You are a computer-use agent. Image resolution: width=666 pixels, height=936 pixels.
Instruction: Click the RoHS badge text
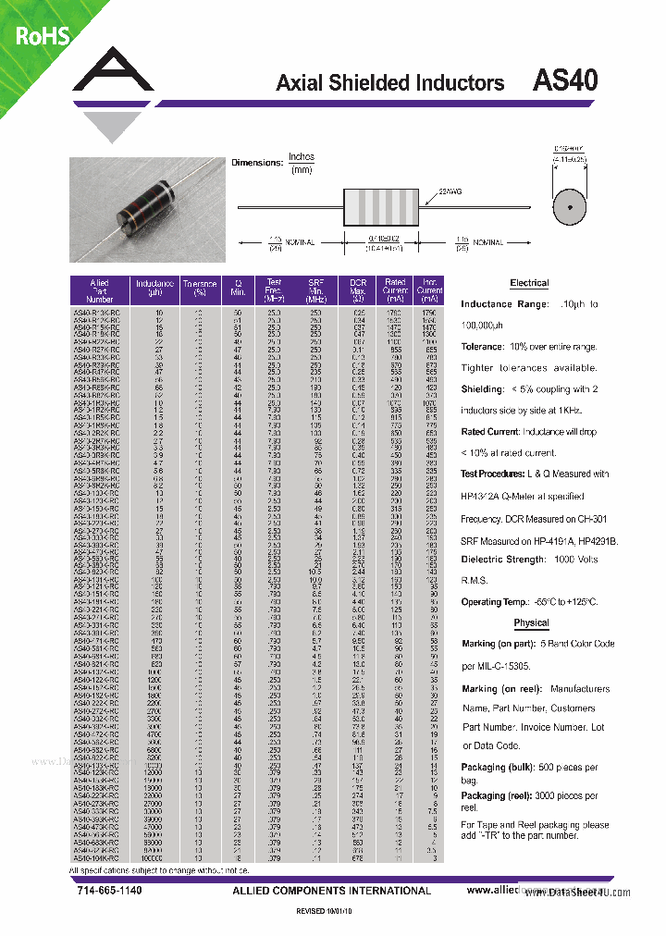pyautogui.click(x=43, y=36)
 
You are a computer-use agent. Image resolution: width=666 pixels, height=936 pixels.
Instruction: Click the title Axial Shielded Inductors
pyautogui.click(x=389, y=83)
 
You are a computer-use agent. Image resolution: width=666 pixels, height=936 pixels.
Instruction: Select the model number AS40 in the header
pyautogui.click(x=565, y=80)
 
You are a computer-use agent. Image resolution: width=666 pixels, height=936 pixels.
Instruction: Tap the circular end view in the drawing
pyautogui.click(x=570, y=206)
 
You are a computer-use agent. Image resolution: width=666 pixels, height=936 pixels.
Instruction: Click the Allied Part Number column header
pyautogui.click(x=99, y=290)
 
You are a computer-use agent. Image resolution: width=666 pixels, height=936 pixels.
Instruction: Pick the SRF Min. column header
pyautogui.click(x=316, y=290)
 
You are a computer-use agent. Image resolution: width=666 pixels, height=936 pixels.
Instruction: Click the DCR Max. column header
pyautogui.click(x=358, y=290)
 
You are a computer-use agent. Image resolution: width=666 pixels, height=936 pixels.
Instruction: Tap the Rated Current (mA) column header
pyautogui.click(x=395, y=290)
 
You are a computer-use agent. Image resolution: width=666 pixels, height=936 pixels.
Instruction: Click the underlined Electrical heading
pyautogui.click(x=529, y=283)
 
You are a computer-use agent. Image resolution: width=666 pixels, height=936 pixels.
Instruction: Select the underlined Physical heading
pyautogui.click(x=531, y=622)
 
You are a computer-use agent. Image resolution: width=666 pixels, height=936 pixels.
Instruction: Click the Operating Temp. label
pyautogui.click(x=495, y=602)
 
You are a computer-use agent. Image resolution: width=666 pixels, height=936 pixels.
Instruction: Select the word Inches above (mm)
pyautogui.click(x=302, y=157)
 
